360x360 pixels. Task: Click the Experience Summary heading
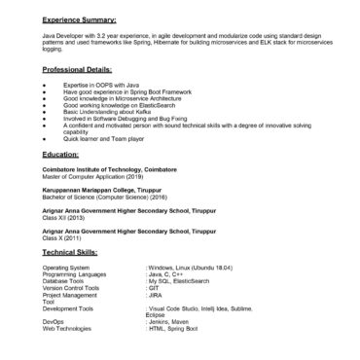(x=80, y=18)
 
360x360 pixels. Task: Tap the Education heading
(x=60, y=155)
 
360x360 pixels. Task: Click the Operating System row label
(x=66, y=267)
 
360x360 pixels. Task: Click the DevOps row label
(x=54, y=320)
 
